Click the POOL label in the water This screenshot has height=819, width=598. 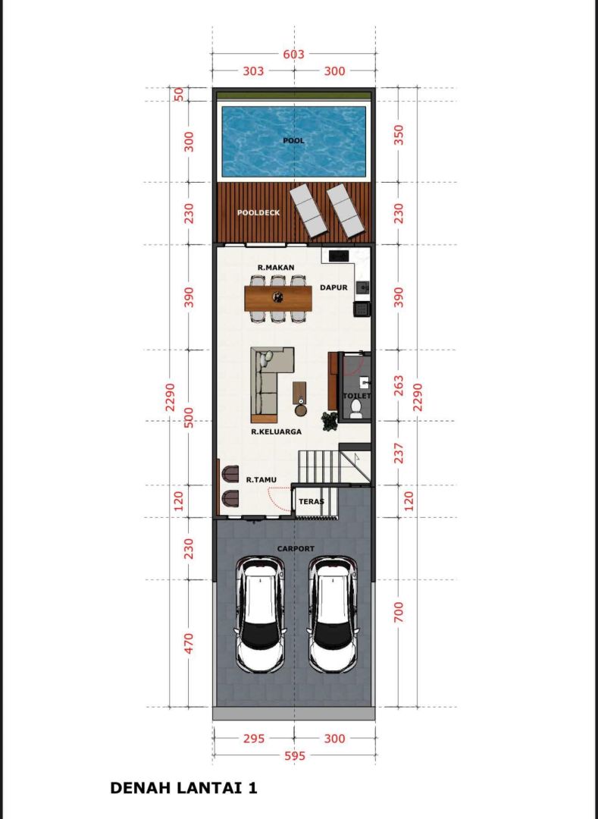tap(293, 140)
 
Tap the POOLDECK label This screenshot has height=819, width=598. tap(258, 213)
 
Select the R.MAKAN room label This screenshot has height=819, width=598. tap(276, 268)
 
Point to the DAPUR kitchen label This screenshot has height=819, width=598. tap(333, 287)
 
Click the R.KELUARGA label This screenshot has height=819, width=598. tap(276, 432)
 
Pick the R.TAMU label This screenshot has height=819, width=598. tap(261, 479)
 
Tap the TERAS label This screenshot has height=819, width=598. tap(311, 502)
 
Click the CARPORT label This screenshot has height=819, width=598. tap(296, 549)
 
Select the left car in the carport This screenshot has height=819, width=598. tap(261, 613)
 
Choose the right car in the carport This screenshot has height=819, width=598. tap(333, 613)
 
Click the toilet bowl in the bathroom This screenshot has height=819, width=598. tap(356, 409)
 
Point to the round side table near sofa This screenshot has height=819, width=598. tap(301, 410)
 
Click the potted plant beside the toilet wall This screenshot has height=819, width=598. tap(330, 422)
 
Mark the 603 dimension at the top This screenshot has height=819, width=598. tap(293, 55)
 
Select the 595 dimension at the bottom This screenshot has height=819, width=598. tap(294, 756)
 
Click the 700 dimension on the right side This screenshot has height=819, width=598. tap(398, 612)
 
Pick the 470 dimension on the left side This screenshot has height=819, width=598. tap(189, 642)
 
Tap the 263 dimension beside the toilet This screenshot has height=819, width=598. tap(398, 385)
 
